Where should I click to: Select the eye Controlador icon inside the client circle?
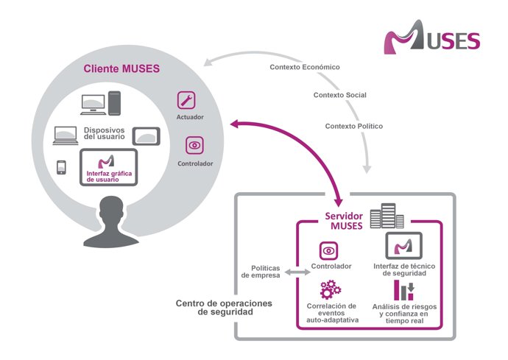click(194, 144)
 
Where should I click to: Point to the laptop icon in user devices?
click(65, 135)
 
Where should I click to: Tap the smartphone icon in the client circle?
click(61, 167)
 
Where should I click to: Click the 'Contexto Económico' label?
click(305, 67)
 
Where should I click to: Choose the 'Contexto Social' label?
click(339, 95)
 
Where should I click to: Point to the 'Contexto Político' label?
click(354, 126)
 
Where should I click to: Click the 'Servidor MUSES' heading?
click(345, 220)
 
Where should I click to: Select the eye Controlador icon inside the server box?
click(328, 250)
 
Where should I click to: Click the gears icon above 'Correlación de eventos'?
click(331, 289)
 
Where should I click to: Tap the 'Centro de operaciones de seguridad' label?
click(224, 308)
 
